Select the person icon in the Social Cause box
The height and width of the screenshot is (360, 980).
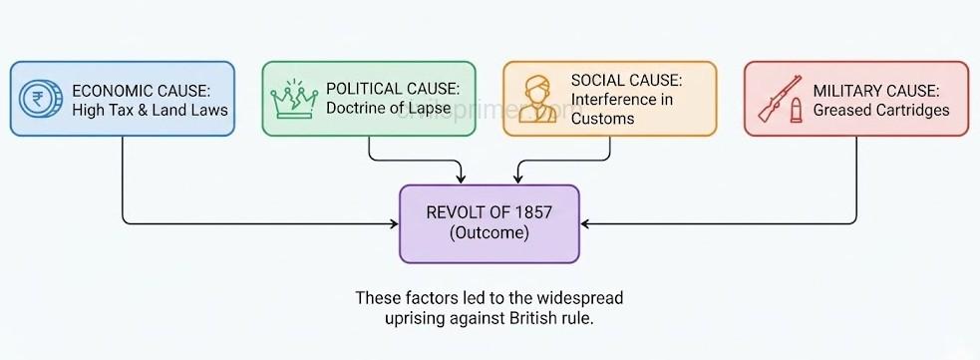click(535, 99)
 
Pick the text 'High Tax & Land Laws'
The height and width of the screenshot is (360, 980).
click(150, 109)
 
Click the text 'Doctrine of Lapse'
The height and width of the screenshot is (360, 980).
click(389, 109)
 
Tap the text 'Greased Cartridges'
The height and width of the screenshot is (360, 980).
click(880, 109)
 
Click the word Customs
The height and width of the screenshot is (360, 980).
click(603, 119)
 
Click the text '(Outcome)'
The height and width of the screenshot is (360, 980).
click(489, 232)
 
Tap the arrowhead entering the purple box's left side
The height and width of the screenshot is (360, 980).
click(394, 223)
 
